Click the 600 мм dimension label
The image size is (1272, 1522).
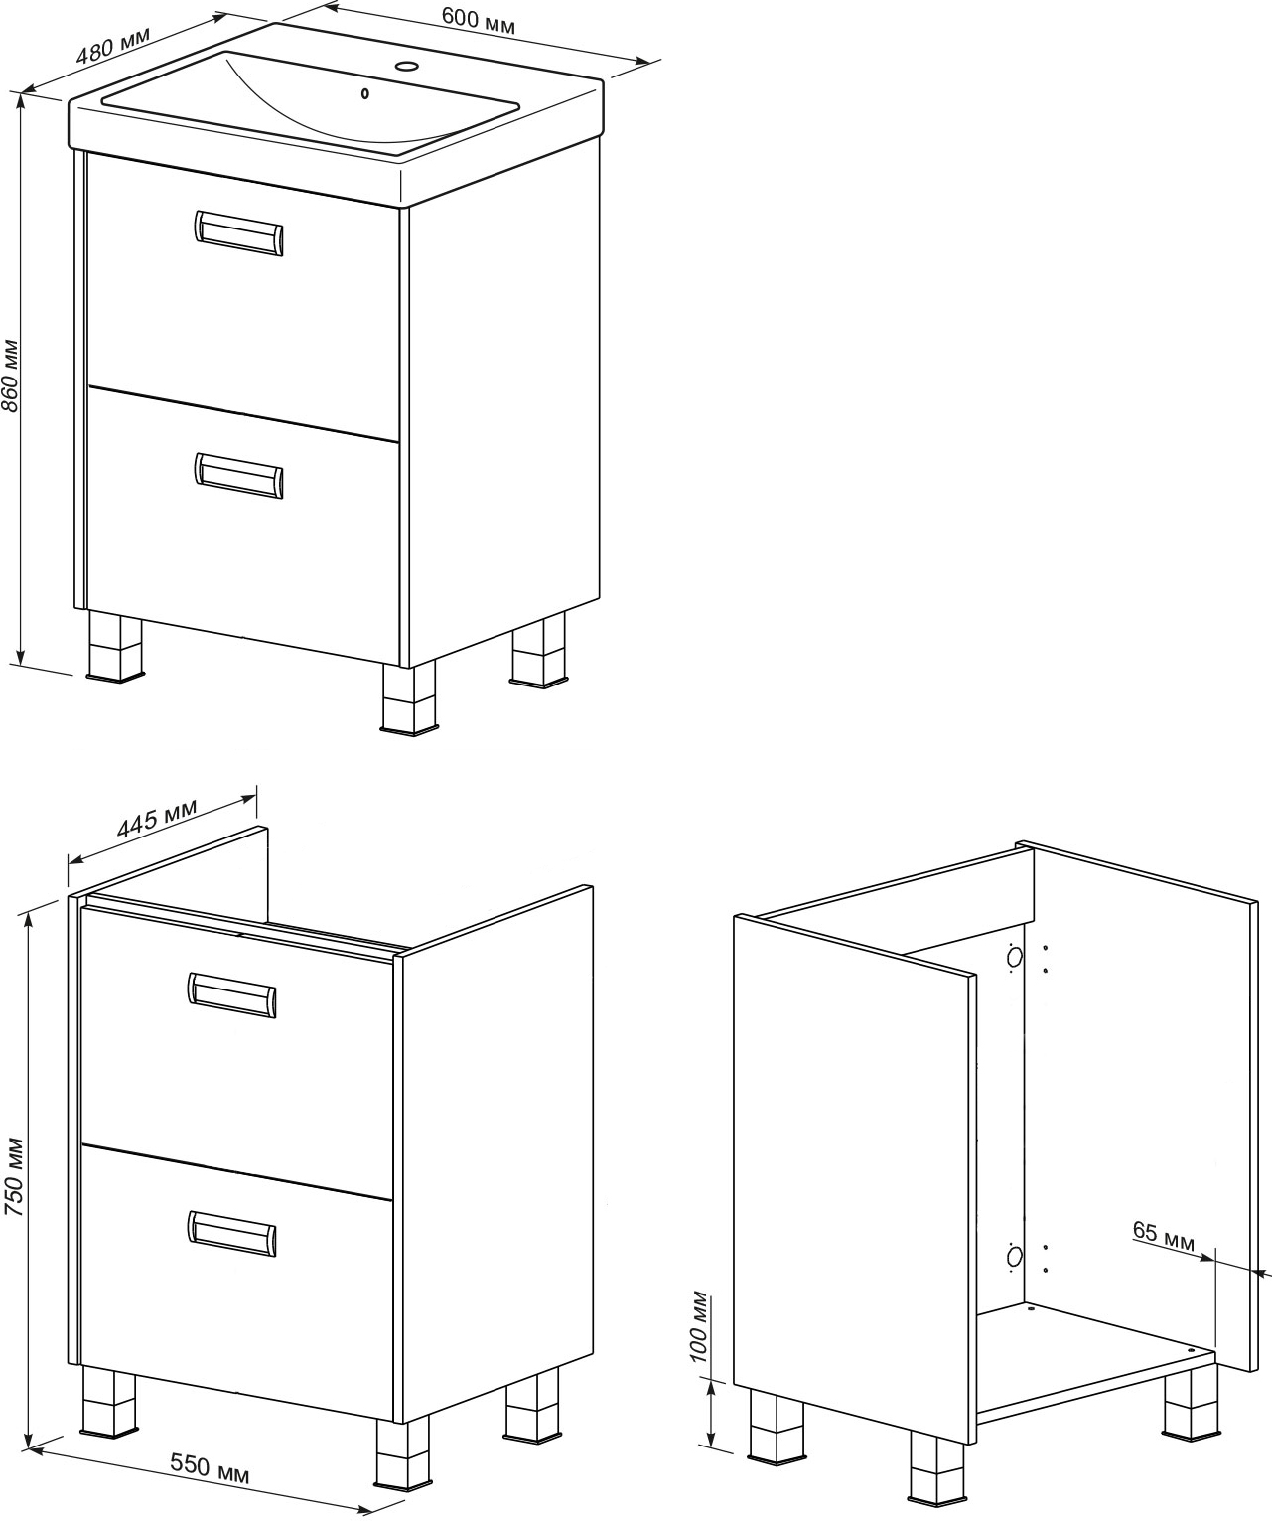(478, 21)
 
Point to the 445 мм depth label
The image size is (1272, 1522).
(157, 819)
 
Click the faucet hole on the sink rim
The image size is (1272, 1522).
(406, 67)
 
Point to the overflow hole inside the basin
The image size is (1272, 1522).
(365, 93)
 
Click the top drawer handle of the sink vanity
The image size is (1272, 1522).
(239, 233)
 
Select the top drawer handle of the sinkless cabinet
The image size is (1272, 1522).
(231, 995)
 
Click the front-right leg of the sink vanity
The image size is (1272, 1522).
(409, 697)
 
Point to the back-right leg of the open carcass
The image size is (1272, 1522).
(1191, 1403)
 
